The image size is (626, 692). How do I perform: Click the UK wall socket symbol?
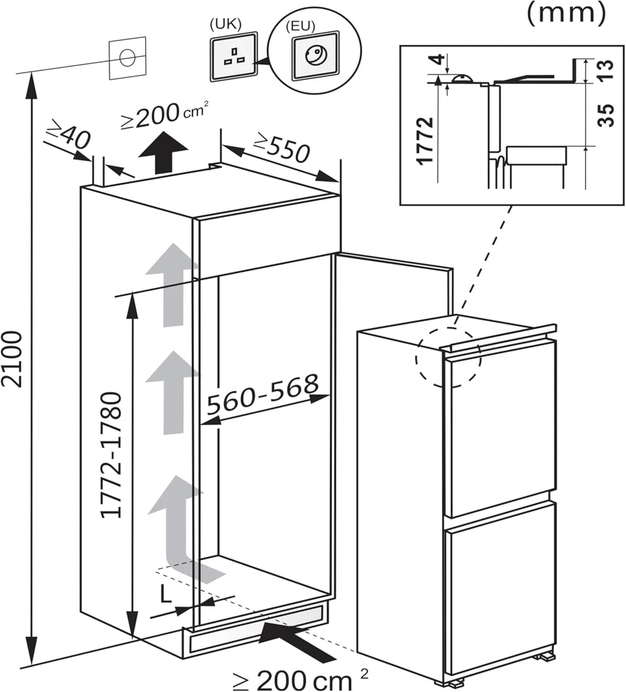click(x=233, y=56)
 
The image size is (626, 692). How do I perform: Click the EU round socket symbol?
click(x=315, y=56)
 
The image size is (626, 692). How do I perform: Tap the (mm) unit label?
click(x=566, y=13)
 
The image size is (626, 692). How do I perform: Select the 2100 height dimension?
click(x=14, y=359)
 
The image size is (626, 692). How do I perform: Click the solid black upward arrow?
click(x=164, y=153)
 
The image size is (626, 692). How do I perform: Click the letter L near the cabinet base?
click(x=165, y=595)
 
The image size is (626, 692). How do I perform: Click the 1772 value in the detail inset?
click(x=426, y=140)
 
